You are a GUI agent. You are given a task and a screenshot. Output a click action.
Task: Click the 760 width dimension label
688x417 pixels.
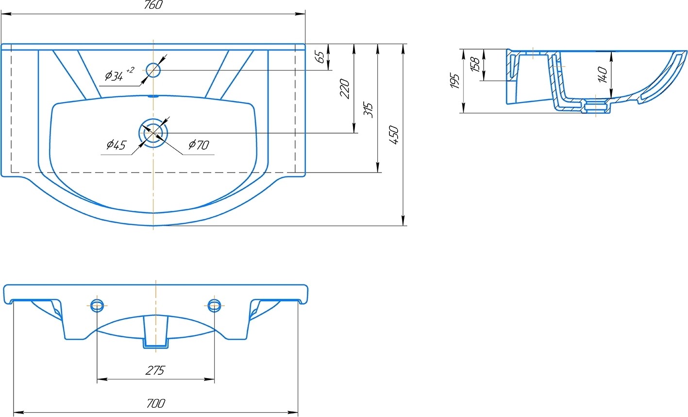[x=153, y=5]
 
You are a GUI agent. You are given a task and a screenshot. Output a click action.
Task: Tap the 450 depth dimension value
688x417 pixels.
[x=394, y=135]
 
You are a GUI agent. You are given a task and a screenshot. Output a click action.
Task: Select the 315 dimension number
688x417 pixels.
[x=368, y=110]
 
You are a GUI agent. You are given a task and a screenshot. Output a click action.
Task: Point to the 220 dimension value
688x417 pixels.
[x=345, y=89]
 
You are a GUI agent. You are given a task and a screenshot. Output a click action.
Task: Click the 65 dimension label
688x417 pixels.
[x=320, y=57]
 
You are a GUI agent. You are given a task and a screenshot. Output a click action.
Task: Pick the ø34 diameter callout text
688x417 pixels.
[x=119, y=74]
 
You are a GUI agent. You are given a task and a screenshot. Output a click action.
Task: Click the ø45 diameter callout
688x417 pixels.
[x=116, y=144]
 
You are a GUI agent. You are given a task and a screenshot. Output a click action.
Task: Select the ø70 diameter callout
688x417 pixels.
[x=199, y=144]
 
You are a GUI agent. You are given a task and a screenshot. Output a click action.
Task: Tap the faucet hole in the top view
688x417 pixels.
[x=153, y=70]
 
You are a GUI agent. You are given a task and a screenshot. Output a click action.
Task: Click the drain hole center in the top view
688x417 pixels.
[x=153, y=133]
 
